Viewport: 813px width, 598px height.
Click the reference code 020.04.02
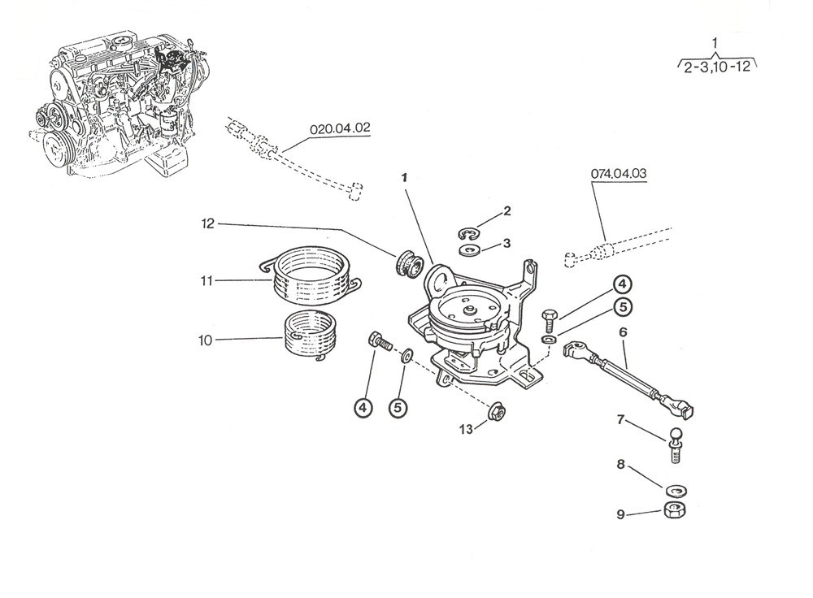(340, 128)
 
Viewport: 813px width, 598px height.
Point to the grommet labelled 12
(406, 265)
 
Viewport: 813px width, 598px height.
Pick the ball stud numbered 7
(676, 444)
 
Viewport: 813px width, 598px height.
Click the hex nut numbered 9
(672, 511)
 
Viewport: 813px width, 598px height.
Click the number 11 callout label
(207, 281)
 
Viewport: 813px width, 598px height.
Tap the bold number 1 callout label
(403, 176)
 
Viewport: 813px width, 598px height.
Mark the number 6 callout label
(623, 332)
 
